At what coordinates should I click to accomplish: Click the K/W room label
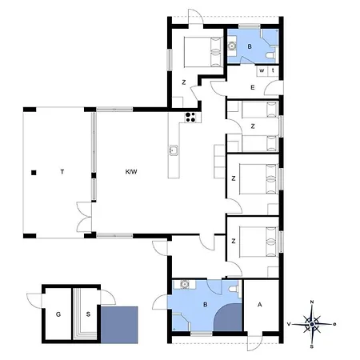point(131,172)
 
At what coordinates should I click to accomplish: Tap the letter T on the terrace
point(62,172)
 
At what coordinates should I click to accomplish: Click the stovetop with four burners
point(190,117)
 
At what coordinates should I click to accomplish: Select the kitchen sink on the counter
point(174,150)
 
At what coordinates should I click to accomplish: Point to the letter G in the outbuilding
point(58,314)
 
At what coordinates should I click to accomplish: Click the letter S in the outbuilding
point(88,314)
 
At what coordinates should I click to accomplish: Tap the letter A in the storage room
point(260,305)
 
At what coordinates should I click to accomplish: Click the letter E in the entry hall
point(253,87)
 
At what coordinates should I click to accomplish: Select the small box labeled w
point(262,71)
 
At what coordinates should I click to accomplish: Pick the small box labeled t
point(273,71)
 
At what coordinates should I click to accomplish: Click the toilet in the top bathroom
point(270,55)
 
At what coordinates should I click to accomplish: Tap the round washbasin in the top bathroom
point(232,46)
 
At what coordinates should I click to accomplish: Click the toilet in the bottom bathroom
point(233,289)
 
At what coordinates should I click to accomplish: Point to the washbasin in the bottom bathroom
point(185,284)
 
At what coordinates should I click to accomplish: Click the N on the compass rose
point(312,302)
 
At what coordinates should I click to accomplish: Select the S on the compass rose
point(312,346)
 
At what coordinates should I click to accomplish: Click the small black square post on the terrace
point(34,173)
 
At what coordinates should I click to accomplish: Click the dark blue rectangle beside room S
point(119,325)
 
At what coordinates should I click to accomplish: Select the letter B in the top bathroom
point(250,46)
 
